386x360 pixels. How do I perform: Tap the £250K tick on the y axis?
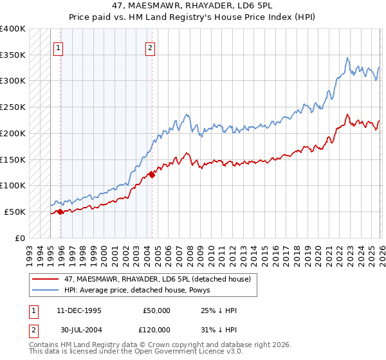click(13, 107)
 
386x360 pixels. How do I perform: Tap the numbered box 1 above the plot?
click(59, 47)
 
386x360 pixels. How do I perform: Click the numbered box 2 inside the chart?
click(150, 47)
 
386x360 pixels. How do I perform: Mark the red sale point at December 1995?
click(60, 212)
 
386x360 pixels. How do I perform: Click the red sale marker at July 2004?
click(152, 174)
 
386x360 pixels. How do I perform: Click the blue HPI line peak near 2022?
click(347, 58)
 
